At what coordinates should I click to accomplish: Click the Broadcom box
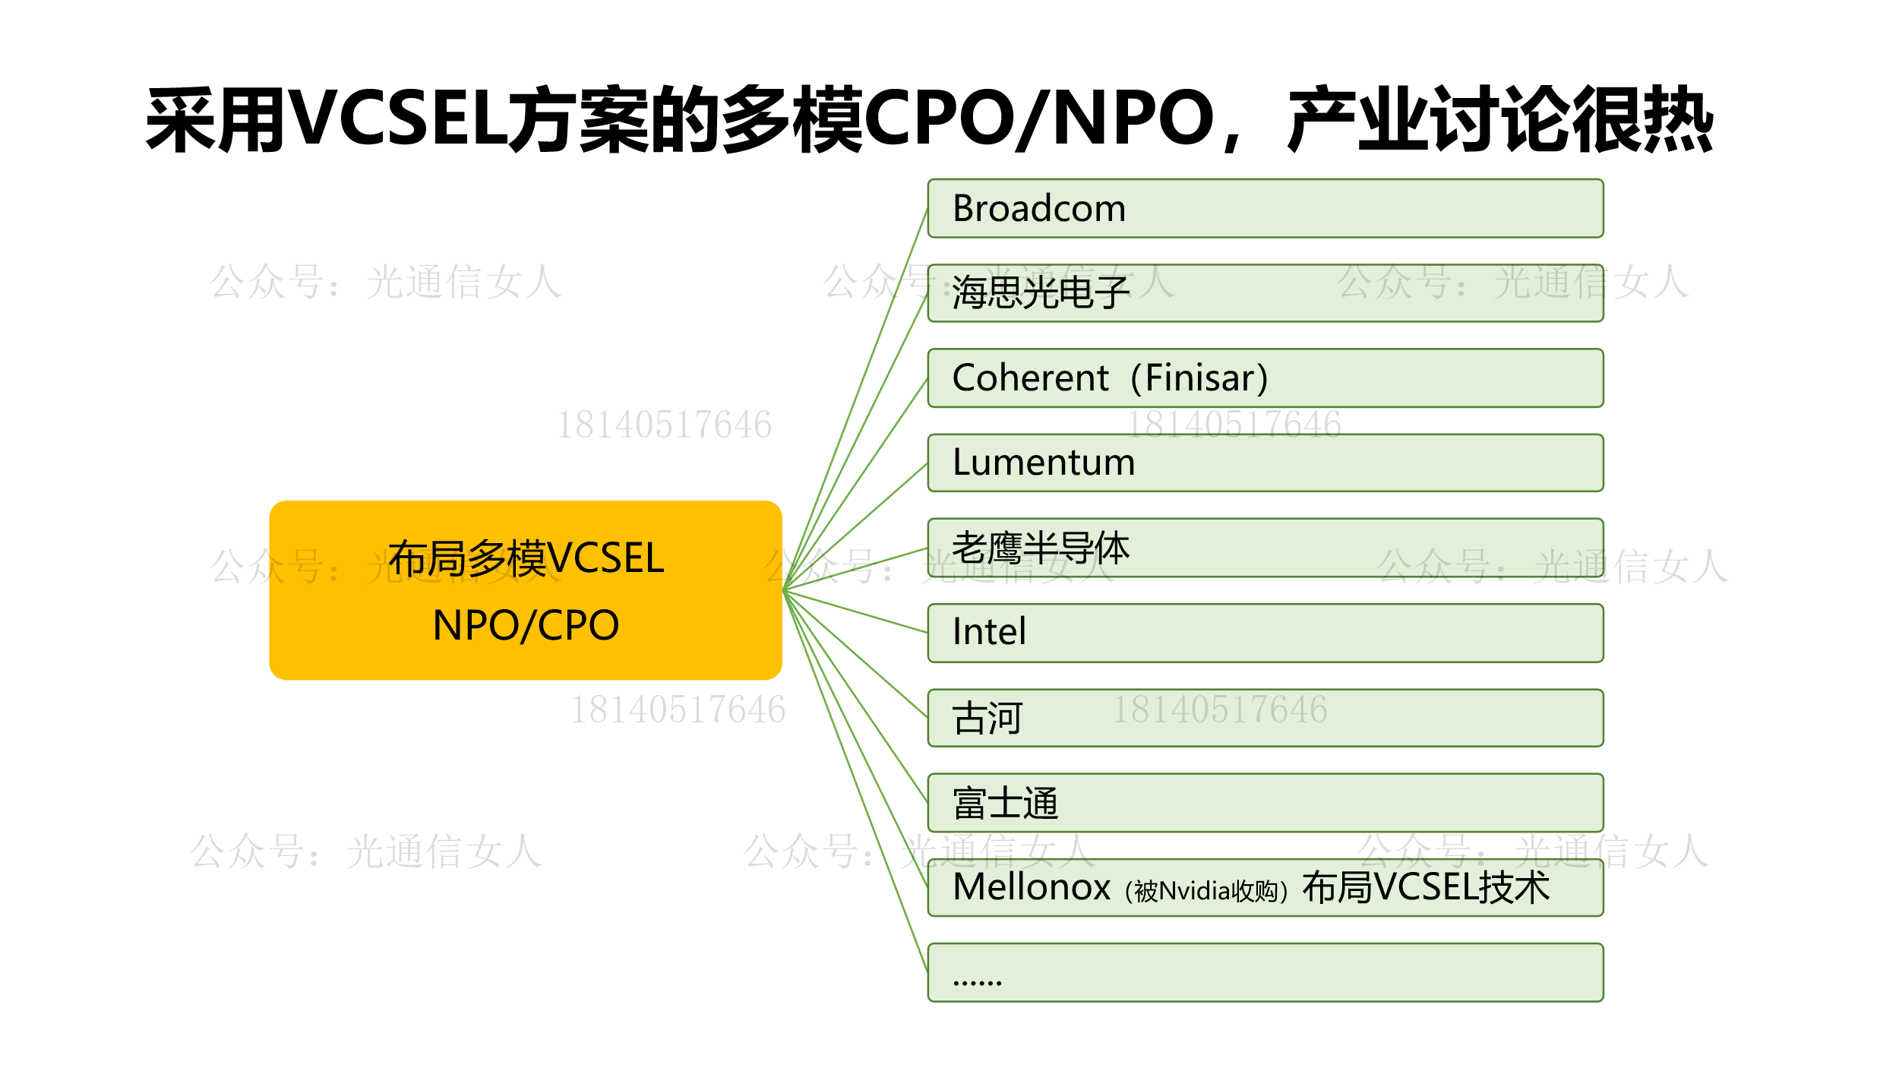click(1265, 208)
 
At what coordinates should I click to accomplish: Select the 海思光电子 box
click(1265, 293)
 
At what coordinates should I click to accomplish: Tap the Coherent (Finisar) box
click(1265, 378)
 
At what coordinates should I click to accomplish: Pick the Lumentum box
click(1265, 463)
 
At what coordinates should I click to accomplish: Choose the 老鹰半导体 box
click(1265, 548)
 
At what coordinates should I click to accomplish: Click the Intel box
click(1265, 633)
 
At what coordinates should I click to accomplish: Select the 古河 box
click(1265, 718)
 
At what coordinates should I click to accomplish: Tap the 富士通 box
click(1265, 803)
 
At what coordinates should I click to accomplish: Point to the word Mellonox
click(1031, 887)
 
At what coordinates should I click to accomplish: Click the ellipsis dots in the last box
click(977, 982)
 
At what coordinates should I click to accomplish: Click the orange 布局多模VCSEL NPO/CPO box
click(526, 590)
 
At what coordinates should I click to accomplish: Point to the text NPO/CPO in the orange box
click(526, 625)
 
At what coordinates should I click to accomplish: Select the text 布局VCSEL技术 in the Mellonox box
click(1426, 887)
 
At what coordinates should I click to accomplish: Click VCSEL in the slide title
click(398, 118)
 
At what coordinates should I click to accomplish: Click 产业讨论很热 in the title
click(1500, 118)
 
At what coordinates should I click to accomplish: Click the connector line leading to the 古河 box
click(855, 653)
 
